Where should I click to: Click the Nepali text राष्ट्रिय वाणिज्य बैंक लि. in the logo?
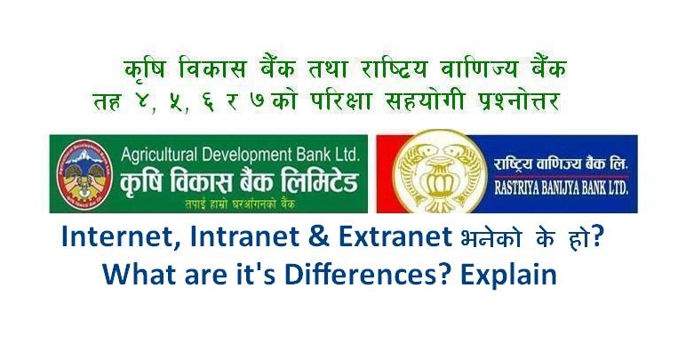point(558,165)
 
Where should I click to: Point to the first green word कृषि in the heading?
point(145,68)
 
